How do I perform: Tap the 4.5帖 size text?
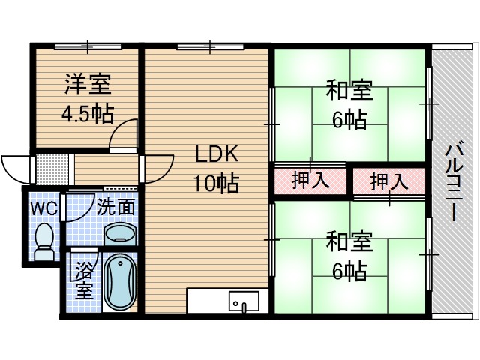tap(87, 113)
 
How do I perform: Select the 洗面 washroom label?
tap(116, 206)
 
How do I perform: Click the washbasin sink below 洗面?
tap(119, 234)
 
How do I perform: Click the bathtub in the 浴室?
tap(118, 283)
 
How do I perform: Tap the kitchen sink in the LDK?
tap(243, 302)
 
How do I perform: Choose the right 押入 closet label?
tap(390, 181)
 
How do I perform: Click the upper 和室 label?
tap(349, 91)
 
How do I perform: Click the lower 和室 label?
tap(349, 241)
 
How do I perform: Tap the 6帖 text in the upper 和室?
tap(349, 119)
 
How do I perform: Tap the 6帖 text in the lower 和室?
tap(349, 271)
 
